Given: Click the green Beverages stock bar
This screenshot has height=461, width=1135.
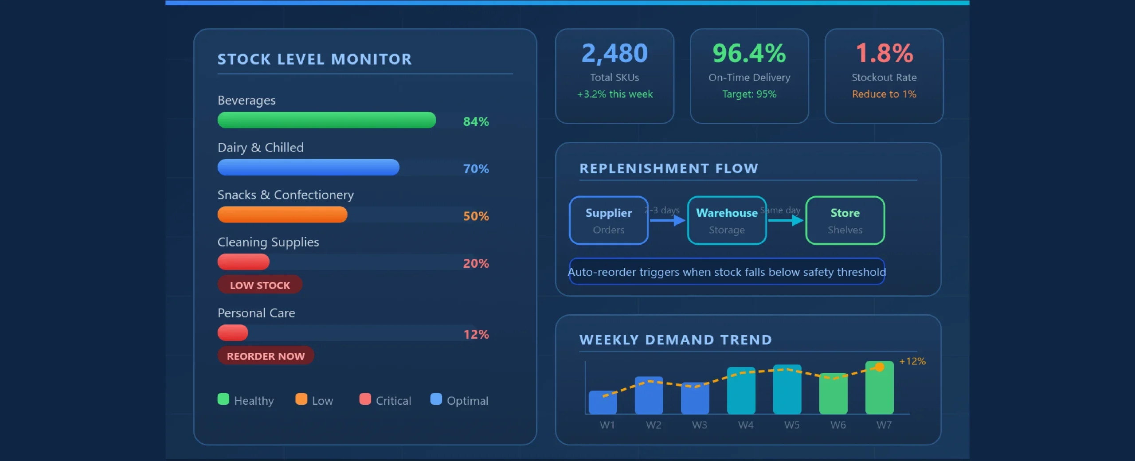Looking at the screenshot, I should coord(327,120).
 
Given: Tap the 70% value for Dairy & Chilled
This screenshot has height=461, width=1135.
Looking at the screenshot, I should coord(476,169).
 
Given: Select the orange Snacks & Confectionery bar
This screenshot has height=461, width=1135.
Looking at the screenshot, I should coord(282,215).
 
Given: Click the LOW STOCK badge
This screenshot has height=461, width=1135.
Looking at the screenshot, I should coord(260,285).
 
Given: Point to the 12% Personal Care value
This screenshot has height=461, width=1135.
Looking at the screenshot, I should coord(476,334).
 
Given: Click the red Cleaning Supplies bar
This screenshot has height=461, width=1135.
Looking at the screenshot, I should coord(243,262).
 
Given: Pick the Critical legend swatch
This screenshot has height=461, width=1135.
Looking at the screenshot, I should coord(365,399).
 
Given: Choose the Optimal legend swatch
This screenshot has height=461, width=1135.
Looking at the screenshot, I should coord(436,399).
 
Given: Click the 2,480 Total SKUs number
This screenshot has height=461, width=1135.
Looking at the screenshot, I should coord(614,54).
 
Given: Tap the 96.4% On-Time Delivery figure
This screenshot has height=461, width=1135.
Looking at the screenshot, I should coord(749,54).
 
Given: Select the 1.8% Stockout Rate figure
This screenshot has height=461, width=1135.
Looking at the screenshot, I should coord(884,54).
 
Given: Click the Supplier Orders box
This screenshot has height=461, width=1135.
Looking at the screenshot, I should coord(609,220).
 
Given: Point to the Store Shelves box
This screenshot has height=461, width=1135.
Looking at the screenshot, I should coord(845,220).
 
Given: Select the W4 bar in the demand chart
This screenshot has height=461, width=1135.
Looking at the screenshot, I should coord(741,391).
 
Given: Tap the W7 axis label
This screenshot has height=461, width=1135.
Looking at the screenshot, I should coord(884,425).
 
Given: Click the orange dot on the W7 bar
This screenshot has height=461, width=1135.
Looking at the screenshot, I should coord(880,367).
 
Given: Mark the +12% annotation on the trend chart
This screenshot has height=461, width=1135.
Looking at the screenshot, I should coord(912,361).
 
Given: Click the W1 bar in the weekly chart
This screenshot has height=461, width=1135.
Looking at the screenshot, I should coord(603,402).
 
